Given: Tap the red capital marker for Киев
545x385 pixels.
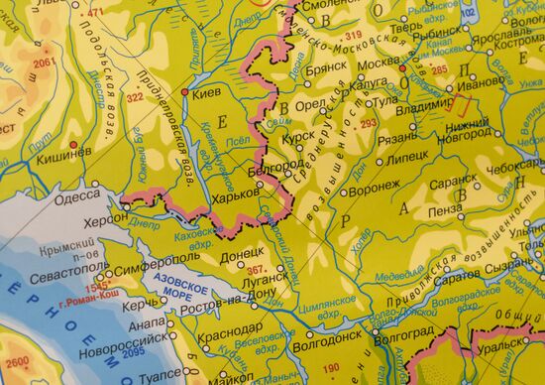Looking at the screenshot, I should (186, 92).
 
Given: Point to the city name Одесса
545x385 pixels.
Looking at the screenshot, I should (78, 196).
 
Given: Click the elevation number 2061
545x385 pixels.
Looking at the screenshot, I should (41, 63).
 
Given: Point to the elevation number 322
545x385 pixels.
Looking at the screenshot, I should (135, 99).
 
